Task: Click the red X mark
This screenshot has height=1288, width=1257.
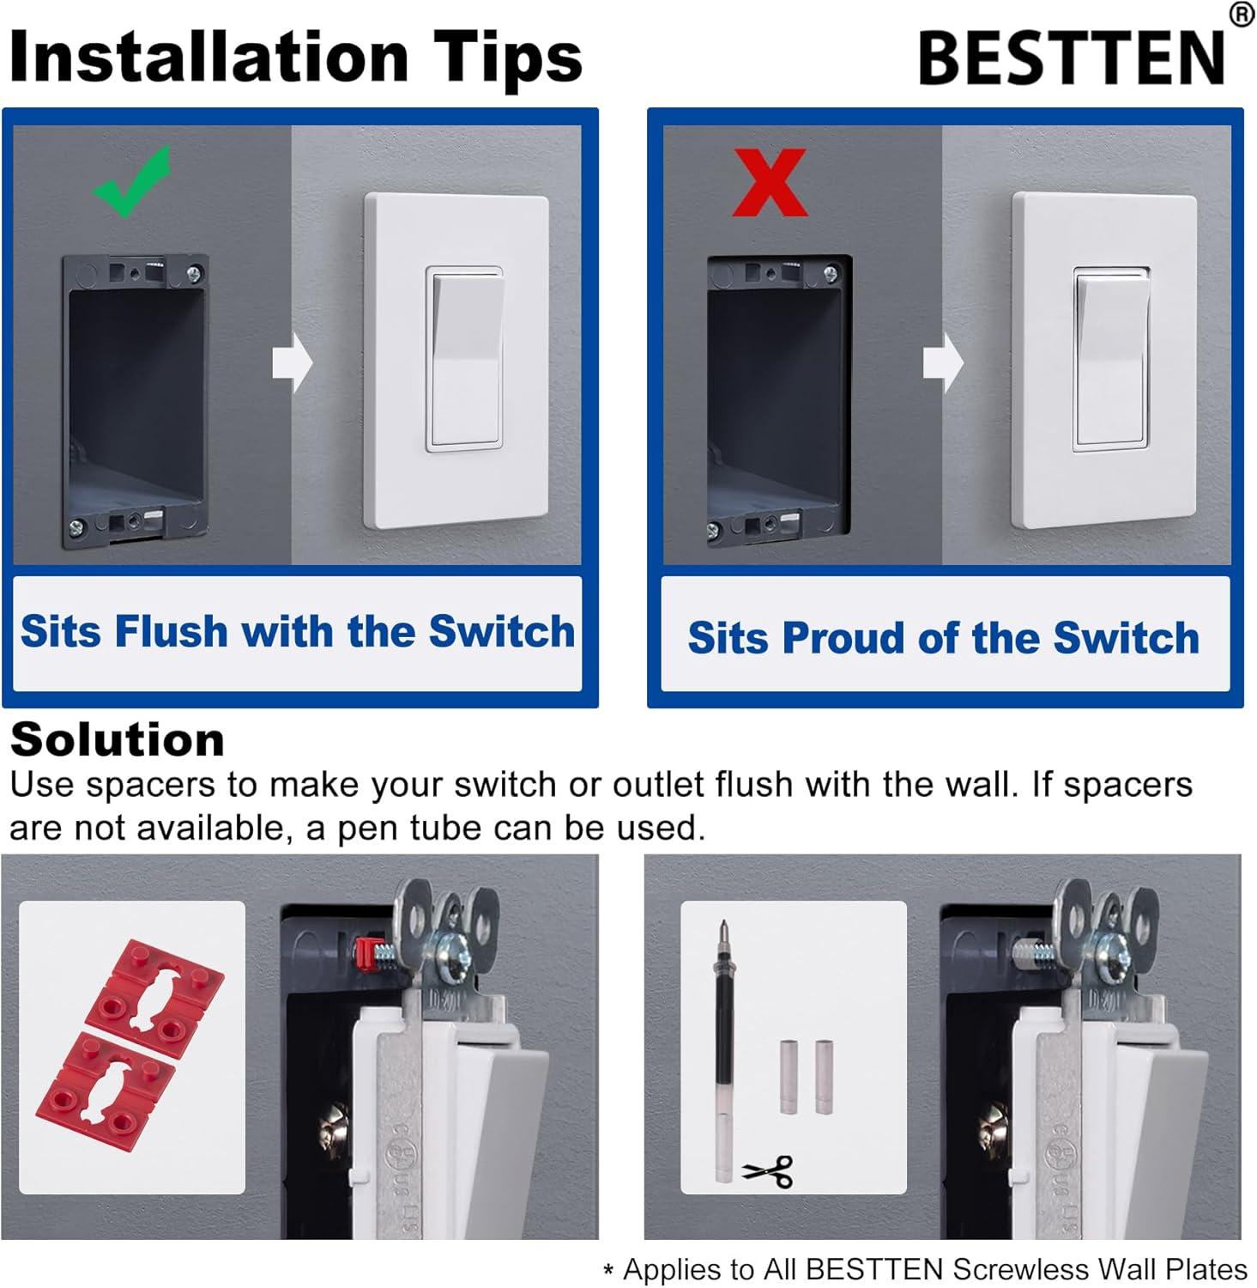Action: tap(770, 183)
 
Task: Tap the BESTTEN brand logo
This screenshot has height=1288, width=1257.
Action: tap(1072, 58)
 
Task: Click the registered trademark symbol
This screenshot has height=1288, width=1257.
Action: tap(1241, 15)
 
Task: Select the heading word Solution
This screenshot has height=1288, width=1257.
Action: tap(118, 739)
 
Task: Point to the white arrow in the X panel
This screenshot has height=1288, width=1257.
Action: tap(942, 362)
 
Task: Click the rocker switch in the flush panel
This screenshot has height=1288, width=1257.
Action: tap(464, 359)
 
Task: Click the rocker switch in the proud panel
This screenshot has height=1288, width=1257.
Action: tap(1111, 359)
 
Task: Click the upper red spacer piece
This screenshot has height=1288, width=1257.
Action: tap(155, 987)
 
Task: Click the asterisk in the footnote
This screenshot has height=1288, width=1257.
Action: tap(608, 1272)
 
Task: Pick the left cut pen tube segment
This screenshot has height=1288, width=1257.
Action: tap(789, 1077)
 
